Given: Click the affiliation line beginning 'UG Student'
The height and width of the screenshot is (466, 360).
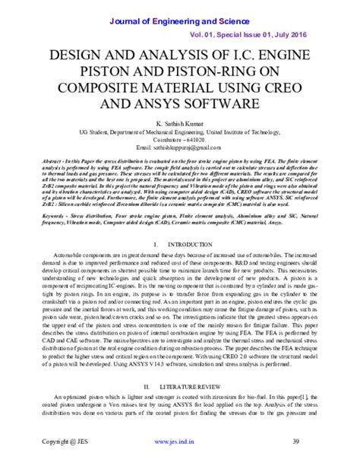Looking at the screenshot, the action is tap(179, 132).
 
